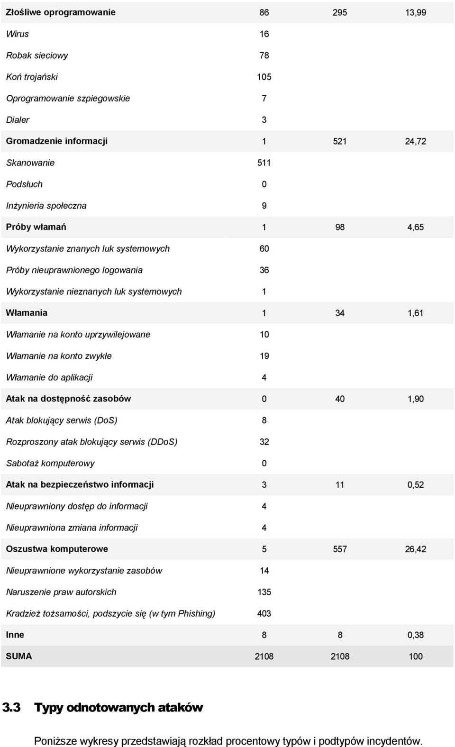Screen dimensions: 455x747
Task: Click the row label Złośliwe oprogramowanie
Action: pos(61,12)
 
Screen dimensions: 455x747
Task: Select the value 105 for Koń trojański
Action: pos(264,77)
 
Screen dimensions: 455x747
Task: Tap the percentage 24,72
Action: pos(415,141)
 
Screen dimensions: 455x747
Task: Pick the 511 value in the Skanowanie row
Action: pos(264,163)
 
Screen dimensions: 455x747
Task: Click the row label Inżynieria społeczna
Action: pos(46,206)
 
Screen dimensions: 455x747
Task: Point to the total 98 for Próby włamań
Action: pos(339,227)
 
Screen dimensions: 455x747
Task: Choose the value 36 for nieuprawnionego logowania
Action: pos(264,270)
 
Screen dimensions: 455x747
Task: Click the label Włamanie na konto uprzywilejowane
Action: pos(78,335)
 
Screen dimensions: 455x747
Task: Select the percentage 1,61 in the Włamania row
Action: pos(415,313)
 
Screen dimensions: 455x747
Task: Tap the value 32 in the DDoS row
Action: pos(264,442)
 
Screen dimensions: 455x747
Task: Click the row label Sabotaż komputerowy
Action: pos(50,463)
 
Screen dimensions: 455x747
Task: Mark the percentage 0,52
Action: pos(415,485)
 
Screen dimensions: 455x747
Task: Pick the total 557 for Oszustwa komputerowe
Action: pos(339,549)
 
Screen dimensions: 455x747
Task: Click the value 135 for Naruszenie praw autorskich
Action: pos(264,592)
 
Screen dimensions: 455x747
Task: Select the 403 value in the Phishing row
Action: pos(264,614)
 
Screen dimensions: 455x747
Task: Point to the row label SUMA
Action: pos(19,656)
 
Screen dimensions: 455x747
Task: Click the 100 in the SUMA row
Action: pos(416,656)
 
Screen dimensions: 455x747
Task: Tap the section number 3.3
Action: pos(11,707)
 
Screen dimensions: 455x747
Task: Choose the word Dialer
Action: pos(18,120)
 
